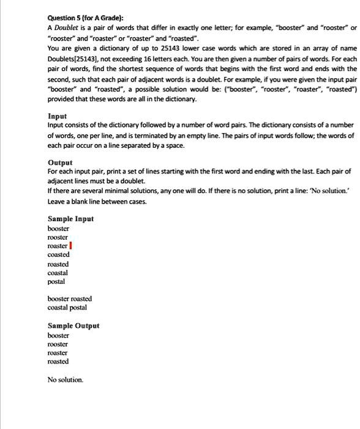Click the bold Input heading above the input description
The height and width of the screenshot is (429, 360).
coord(58,116)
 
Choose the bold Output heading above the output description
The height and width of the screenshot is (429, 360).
coord(61,162)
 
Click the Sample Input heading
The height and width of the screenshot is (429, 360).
coord(70,219)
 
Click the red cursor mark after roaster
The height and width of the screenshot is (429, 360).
coord(72,246)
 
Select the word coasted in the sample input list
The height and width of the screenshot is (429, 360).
coord(58,254)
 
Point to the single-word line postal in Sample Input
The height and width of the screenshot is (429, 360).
coord(56,281)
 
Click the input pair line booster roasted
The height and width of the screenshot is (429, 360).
coord(70,299)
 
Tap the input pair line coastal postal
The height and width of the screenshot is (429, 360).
coord(67,308)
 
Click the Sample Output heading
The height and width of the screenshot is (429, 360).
coord(73,326)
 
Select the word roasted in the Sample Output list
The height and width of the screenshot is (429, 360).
coord(58,362)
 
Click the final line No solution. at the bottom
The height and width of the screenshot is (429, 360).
coord(65,380)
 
